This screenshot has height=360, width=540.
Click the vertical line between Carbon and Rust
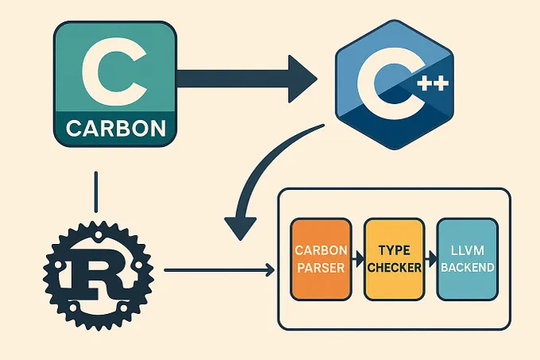coord(95,190)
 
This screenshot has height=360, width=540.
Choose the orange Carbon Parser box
coord(321,259)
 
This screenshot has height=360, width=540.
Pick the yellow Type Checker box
coord(393,259)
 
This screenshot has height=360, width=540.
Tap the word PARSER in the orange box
coord(321,268)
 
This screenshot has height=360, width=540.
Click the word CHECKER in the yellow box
coord(393,268)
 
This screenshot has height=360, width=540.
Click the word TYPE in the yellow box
coord(393,250)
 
